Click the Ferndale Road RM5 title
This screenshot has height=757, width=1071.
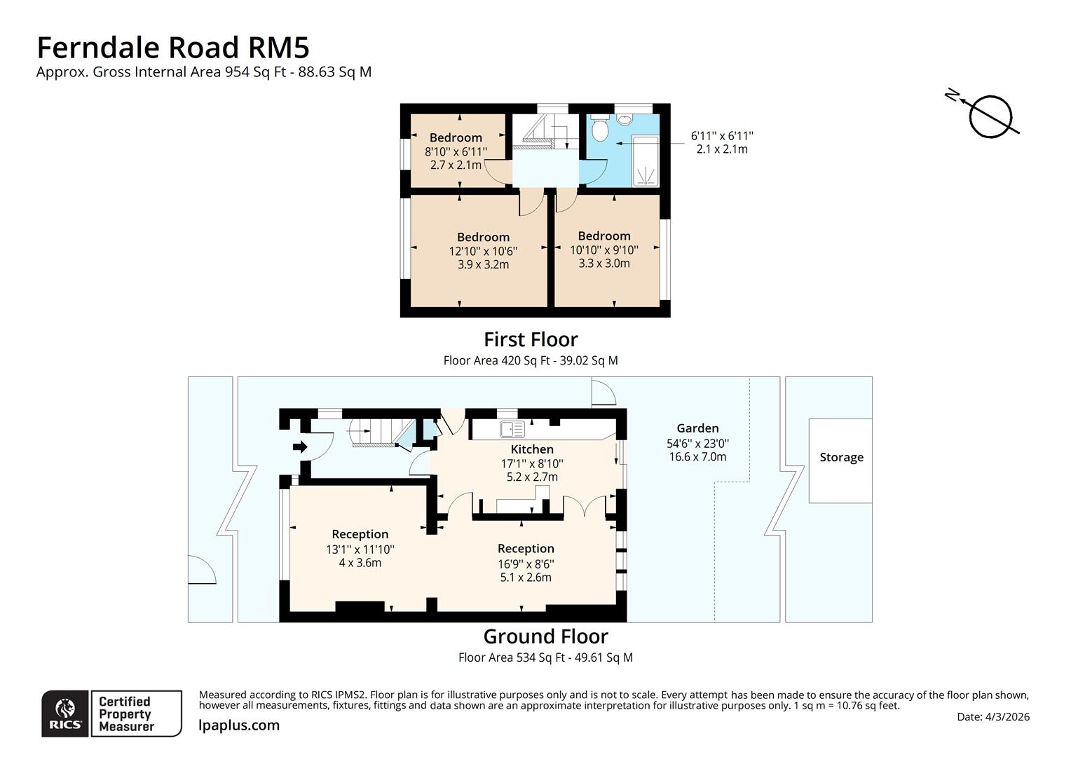coord(172,48)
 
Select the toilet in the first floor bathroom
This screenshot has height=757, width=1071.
coord(599,128)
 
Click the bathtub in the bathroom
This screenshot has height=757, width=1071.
coord(646,161)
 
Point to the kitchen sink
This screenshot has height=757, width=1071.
coord(512,429)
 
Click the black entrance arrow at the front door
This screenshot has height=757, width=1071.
coord(300,446)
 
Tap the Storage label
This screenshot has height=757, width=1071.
coord(841,458)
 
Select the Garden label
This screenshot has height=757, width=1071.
coord(697,428)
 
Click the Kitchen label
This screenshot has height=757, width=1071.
coord(532,449)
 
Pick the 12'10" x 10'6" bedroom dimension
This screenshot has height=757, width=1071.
coord(483,251)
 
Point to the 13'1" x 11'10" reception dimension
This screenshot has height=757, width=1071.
coord(360,550)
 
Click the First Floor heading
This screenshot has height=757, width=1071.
coord(531,340)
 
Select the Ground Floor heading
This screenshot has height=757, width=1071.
coord(545,636)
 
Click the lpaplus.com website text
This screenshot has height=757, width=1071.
coord(239,725)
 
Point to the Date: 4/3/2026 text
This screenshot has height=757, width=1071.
coord(992,717)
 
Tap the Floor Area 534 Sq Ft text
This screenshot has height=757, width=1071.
coord(545,657)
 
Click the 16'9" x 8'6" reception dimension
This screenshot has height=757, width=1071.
coord(526,564)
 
